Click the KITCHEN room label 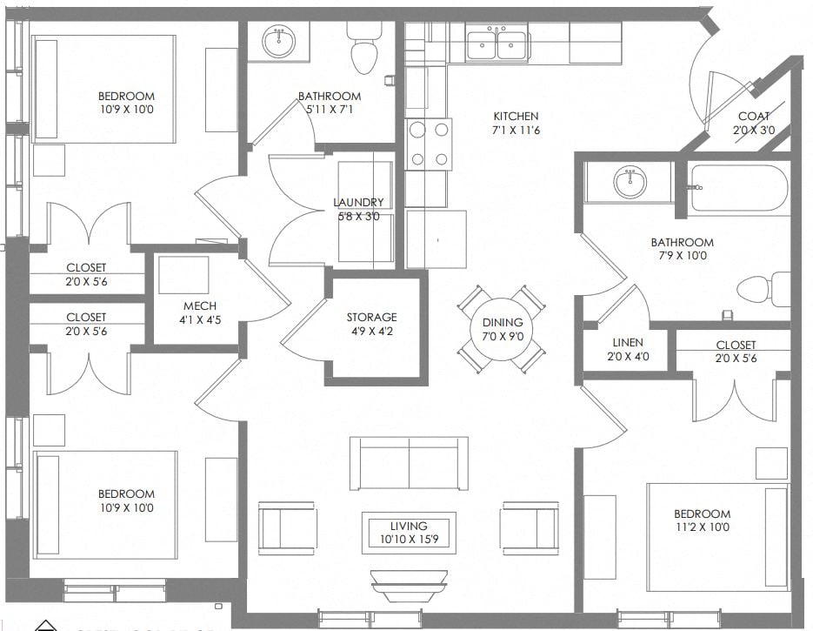click(x=516, y=116)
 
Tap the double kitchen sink click(x=496, y=43)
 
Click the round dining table click(x=502, y=329)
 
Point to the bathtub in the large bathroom click(x=738, y=189)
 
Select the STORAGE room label click(x=371, y=317)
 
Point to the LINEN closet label click(x=628, y=343)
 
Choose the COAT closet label click(x=753, y=117)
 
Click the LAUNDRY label click(x=357, y=203)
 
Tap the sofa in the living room click(x=409, y=463)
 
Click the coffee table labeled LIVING click(x=409, y=532)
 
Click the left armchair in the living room click(x=287, y=527)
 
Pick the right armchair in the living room click(x=530, y=527)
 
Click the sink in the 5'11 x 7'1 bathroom click(x=279, y=41)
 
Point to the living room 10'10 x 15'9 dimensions click(x=409, y=539)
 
